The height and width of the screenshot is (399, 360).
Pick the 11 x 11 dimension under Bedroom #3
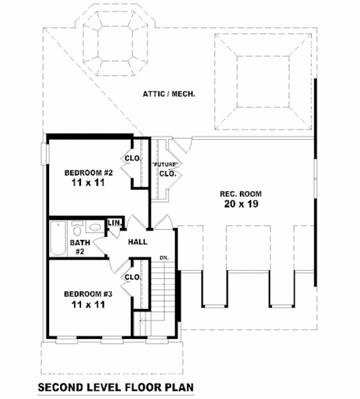[x=89, y=305]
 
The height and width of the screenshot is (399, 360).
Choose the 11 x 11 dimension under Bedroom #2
[x=89, y=184]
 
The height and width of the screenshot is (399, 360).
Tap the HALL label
[x=137, y=242]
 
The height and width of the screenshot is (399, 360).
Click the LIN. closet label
[x=115, y=223]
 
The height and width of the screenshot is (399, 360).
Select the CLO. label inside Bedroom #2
[x=132, y=158]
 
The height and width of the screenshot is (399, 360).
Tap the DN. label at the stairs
[x=163, y=258]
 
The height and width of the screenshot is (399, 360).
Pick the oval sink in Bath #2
[x=94, y=229]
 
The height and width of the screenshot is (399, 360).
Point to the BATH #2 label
[x=79, y=248]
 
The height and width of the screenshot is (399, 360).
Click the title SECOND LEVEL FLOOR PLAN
[x=116, y=387]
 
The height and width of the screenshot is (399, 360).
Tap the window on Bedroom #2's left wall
[x=44, y=153]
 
